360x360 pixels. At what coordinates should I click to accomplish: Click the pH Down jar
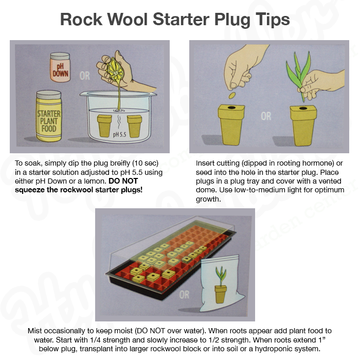pyautogui.click(x=60, y=67)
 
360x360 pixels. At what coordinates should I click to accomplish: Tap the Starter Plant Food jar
pyautogui.click(x=49, y=116)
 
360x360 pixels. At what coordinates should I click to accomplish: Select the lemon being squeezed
pyautogui.click(x=116, y=69)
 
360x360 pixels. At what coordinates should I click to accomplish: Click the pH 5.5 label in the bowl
pyautogui.click(x=119, y=134)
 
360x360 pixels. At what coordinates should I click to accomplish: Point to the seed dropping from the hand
pyautogui.click(x=232, y=95)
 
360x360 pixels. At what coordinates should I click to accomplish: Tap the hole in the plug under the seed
pyautogui.click(x=231, y=107)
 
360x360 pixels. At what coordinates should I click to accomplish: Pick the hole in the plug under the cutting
pyautogui.click(x=303, y=108)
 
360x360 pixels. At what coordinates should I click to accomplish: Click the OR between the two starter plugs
pyautogui.click(x=266, y=116)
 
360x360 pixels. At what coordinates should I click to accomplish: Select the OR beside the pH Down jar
pyautogui.click(x=85, y=76)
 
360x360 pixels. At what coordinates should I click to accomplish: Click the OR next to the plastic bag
pyautogui.click(x=184, y=295)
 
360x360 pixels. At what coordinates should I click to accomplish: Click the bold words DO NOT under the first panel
pyautogui.click(x=123, y=181)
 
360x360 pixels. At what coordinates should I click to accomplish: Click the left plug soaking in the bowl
pyautogui.click(x=104, y=126)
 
